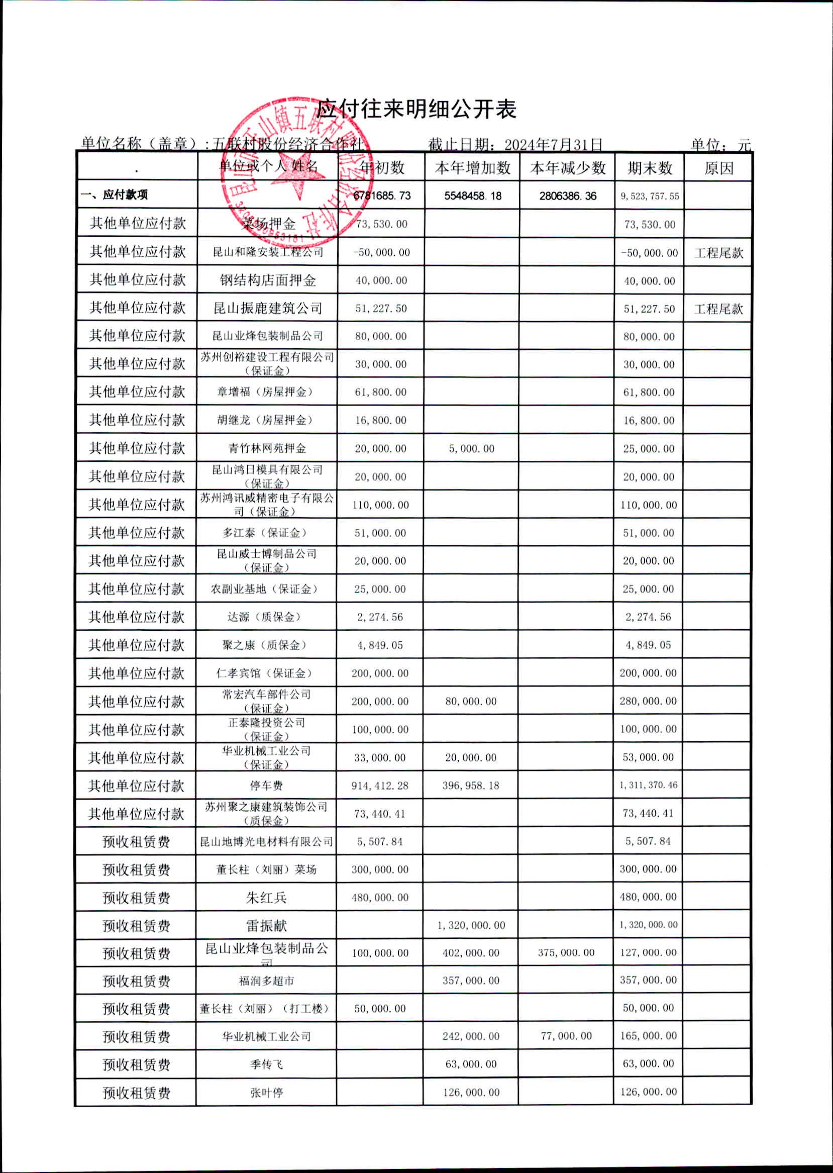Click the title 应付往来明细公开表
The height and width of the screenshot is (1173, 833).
point(415,109)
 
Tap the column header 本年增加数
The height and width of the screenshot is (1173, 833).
point(472,168)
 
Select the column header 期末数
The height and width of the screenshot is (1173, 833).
point(650,168)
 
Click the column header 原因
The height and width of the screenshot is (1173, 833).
point(718,168)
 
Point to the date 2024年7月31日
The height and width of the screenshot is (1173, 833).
point(553,144)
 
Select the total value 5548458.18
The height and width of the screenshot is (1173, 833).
point(472,196)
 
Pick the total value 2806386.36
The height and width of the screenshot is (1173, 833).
point(567,196)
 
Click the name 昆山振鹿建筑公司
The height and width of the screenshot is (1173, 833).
point(267,309)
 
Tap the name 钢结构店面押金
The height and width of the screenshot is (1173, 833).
point(267,280)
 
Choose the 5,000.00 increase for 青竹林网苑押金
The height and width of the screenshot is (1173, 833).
point(471,449)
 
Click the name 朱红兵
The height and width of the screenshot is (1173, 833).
point(266,898)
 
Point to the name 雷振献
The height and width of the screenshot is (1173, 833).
point(266,926)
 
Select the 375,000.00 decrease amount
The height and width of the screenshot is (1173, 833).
point(566,953)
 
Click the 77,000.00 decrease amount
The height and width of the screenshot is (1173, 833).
point(566,1036)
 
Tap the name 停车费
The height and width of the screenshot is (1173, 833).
point(266,786)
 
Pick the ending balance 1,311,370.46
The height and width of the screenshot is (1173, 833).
point(648,785)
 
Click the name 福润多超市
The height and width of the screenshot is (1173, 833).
point(266,981)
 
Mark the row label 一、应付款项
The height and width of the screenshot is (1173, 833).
point(114,195)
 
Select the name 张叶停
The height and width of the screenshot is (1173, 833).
point(266,1093)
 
